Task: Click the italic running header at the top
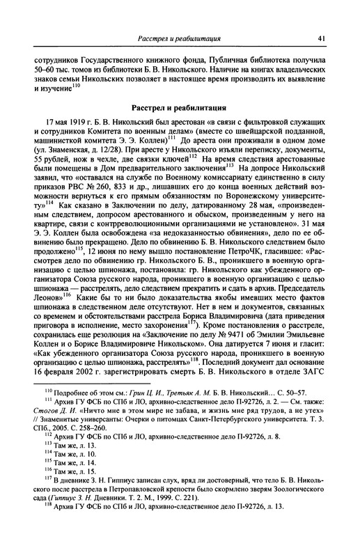(180, 38)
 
